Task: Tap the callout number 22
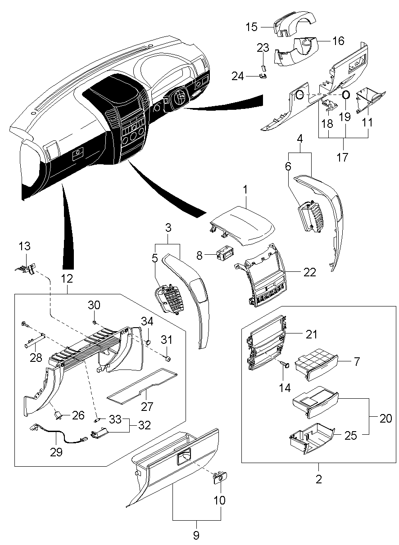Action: [x=310, y=272]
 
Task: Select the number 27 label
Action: [x=147, y=406]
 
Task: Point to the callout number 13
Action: [x=25, y=246]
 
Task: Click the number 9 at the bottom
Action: [x=196, y=535]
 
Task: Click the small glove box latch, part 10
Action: [x=220, y=477]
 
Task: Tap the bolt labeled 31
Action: [x=167, y=359]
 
